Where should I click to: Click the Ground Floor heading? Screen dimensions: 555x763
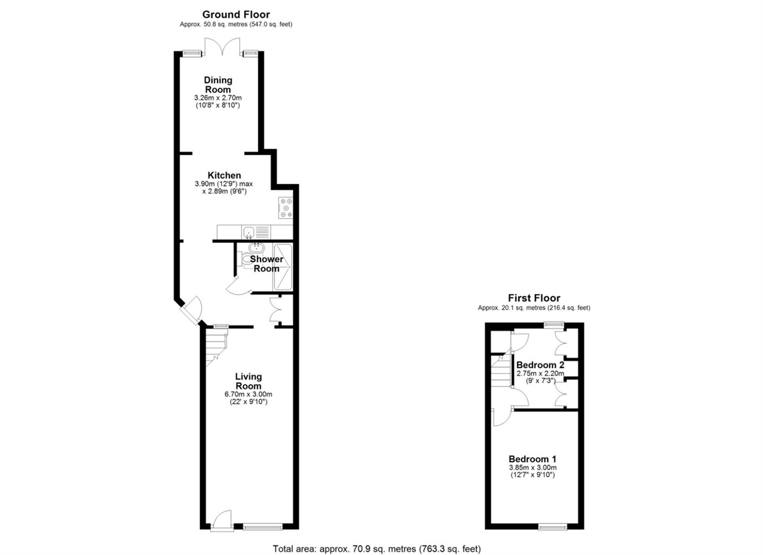click(x=236, y=15)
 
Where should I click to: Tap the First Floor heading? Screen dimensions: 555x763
click(x=534, y=298)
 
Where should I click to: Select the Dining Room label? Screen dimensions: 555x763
click(x=218, y=85)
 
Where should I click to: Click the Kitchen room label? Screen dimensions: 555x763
click(x=224, y=175)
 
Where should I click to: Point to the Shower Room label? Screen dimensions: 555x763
click(x=266, y=264)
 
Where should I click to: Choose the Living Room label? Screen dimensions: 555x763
click(x=248, y=381)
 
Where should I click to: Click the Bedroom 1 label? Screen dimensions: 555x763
click(x=532, y=459)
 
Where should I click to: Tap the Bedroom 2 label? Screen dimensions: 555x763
click(x=540, y=365)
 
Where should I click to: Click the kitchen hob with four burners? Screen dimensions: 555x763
click(x=285, y=207)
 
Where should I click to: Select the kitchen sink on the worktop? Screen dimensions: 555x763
click(x=249, y=232)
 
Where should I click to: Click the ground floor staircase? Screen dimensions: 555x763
click(x=216, y=346)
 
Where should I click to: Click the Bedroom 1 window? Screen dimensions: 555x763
click(x=552, y=527)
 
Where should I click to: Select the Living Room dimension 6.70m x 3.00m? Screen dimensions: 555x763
click(x=248, y=394)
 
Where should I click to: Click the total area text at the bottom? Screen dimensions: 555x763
click(x=376, y=548)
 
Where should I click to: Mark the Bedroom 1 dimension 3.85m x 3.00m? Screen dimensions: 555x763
click(x=532, y=468)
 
